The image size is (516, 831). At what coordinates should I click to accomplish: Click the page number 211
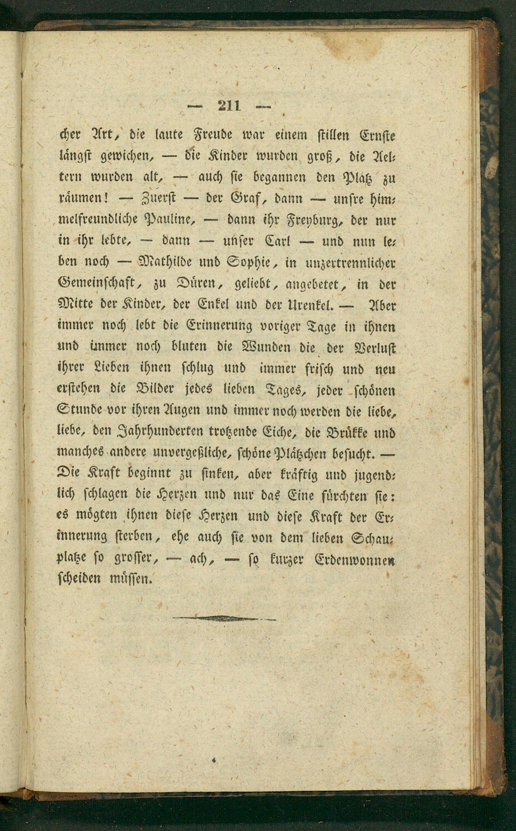[x=229, y=106]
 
